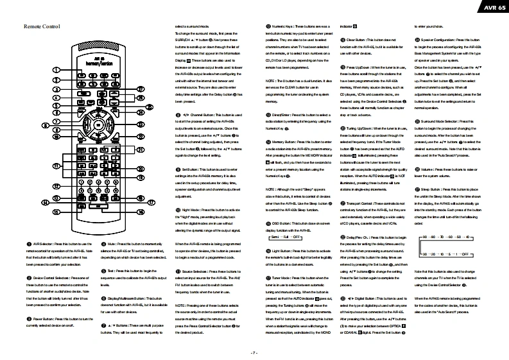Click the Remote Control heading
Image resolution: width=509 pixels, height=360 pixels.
(x=42, y=27)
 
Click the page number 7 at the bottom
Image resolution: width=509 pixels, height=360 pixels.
(x=254, y=352)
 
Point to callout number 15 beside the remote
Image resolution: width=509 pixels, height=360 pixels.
(x=56, y=211)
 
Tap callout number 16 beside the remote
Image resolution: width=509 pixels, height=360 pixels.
(x=141, y=211)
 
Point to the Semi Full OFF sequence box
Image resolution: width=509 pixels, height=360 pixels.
(x=283, y=237)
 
